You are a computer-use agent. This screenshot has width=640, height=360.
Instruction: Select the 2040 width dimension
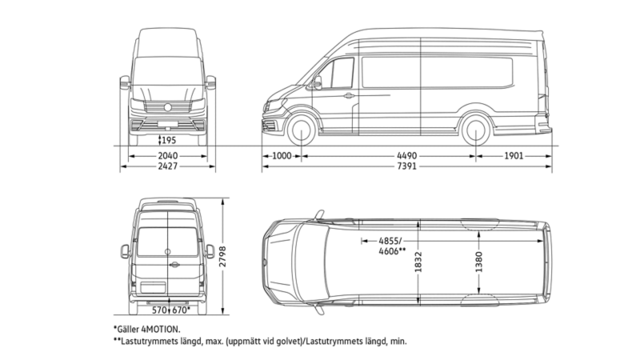click(x=168, y=156)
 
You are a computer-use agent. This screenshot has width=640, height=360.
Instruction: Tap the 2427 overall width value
click(x=168, y=167)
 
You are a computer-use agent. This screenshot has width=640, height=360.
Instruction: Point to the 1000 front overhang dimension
click(x=281, y=156)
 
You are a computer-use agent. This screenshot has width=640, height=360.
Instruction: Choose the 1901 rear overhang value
click(x=514, y=156)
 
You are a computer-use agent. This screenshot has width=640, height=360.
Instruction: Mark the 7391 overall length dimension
click(x=408, y=167)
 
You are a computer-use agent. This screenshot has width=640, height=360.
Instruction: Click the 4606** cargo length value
click(x=392, y=251)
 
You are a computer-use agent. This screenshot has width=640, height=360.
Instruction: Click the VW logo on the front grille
click(x=168, y=106)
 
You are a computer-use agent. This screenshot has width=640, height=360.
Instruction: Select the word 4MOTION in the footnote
click(x=159, y=329)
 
